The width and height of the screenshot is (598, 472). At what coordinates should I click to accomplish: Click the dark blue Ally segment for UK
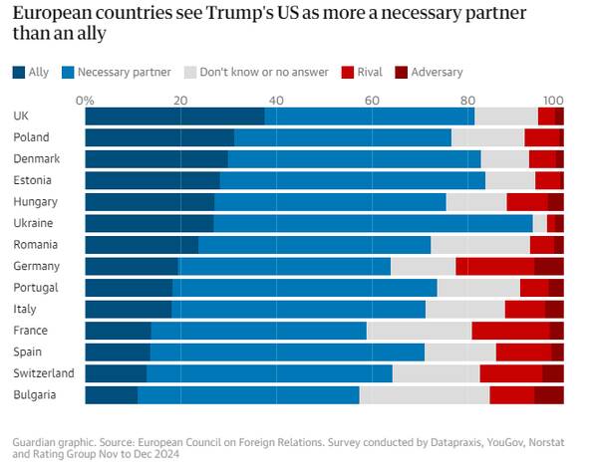174,116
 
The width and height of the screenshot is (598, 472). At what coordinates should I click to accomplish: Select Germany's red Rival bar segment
494,266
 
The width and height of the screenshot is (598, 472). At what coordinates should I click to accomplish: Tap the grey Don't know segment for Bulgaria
424,395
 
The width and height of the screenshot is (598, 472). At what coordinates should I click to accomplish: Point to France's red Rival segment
510,331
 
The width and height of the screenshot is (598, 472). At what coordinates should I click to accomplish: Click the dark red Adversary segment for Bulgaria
548,395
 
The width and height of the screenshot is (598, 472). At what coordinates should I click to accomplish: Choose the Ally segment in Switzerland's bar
116,373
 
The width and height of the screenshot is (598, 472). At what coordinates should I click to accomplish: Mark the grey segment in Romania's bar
479,245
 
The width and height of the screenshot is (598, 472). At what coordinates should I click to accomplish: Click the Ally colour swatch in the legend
20,72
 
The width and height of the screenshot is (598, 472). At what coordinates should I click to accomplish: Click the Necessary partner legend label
125,72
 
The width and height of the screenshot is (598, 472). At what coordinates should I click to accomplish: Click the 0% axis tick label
85,100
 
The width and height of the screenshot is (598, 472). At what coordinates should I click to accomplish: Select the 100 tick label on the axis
553,100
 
